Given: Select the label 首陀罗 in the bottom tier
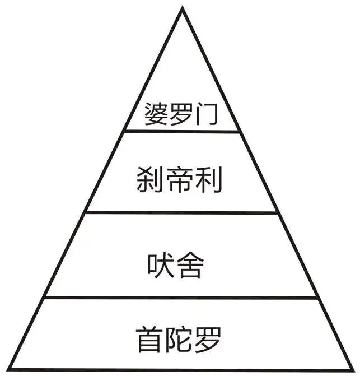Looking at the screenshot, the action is coord(179,339).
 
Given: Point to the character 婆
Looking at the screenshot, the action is coord(155,114).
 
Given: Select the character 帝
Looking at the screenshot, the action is coord(179,181).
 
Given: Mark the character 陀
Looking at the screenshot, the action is coord(179,339).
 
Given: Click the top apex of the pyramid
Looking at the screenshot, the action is coord(181,8).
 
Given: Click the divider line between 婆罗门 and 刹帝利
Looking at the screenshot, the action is coord(181,132).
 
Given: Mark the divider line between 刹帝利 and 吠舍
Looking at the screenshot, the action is coord(181,212).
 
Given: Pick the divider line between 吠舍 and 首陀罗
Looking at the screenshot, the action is coord(181,297).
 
